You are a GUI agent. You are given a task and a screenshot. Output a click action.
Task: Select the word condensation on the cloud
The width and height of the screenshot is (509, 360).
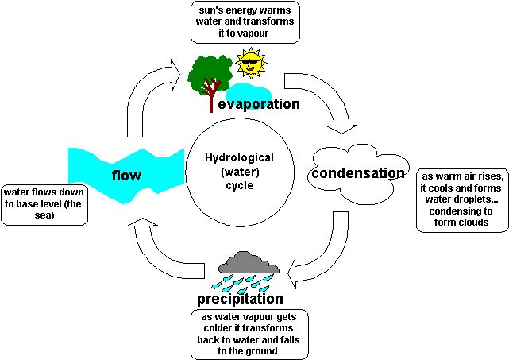(x=357, y=172)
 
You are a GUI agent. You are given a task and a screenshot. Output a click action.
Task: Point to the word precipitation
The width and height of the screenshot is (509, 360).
(x=240, y=299)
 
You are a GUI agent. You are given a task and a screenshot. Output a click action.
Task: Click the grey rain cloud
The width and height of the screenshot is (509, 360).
(x=249, y=263)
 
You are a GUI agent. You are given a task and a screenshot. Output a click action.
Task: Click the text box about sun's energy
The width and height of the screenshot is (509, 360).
(x=243, y=22)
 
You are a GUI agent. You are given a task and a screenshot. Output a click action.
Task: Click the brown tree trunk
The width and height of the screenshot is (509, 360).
(x=210, y=99)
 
